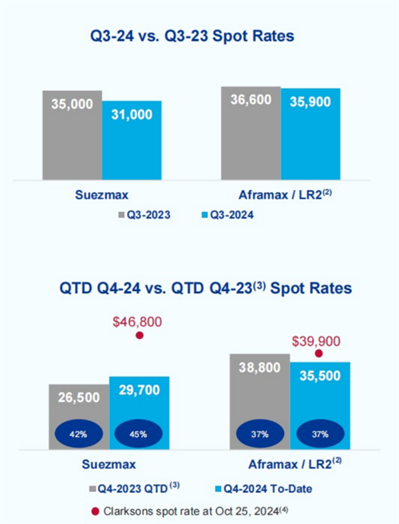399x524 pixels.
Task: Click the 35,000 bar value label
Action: pyautogui.click(x=72, y=104)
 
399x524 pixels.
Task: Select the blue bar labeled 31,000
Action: pyautogui.click(x=132, y=140)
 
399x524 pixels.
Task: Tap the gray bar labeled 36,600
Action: pyautogui.click(x=251, y=133)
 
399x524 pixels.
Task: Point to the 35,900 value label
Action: pyautogui.click(x=310, y=101)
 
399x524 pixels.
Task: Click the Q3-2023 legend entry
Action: pyautogui.click(x=144, y=215)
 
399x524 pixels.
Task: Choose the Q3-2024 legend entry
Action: pyautogui.click(x=227, y=215)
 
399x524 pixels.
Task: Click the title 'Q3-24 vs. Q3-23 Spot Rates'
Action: pyautogui.click(x=192, y=36)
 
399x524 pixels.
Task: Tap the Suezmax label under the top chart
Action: pyautogui.click(x=101, y=195)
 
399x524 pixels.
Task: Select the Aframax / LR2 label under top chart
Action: pyautogui.click(x=286, y=195)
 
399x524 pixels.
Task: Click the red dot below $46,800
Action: pyautogui.click(x=140, y=335)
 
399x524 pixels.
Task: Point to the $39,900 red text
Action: pyautogui.click(x=316, y=341)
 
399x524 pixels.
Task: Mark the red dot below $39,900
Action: pyautogui.click(x=318, y=353)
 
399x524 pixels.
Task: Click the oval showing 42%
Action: pyautogui.click(x=78, y=434)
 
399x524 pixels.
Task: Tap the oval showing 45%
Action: pyautogui.click(x=139, y=434)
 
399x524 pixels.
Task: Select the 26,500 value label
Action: pyautogui.click(x=79, y=397)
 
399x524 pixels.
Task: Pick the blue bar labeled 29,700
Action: pyautogui.click(x=139, y=413)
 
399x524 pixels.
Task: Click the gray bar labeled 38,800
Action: pyautogui.click(x=260, y=402)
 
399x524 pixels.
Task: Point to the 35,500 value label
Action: pyautogui.click(x=320, y=376)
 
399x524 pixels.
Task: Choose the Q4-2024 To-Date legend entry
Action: pyautogui.click(x=263, y=489)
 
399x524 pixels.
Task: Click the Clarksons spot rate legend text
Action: pyautogui.click(x=196, y=511)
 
